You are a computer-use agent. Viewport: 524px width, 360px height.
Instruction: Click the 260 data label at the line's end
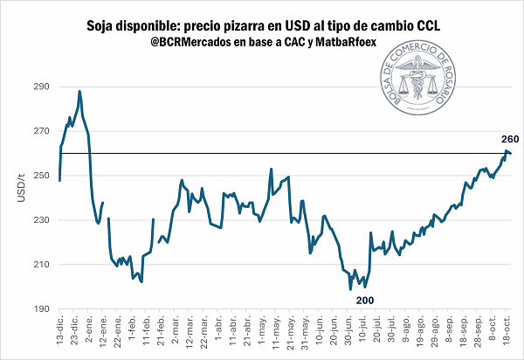510,139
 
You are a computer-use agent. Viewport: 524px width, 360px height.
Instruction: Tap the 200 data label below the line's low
363,300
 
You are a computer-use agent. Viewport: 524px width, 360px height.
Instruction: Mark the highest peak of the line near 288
79,91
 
